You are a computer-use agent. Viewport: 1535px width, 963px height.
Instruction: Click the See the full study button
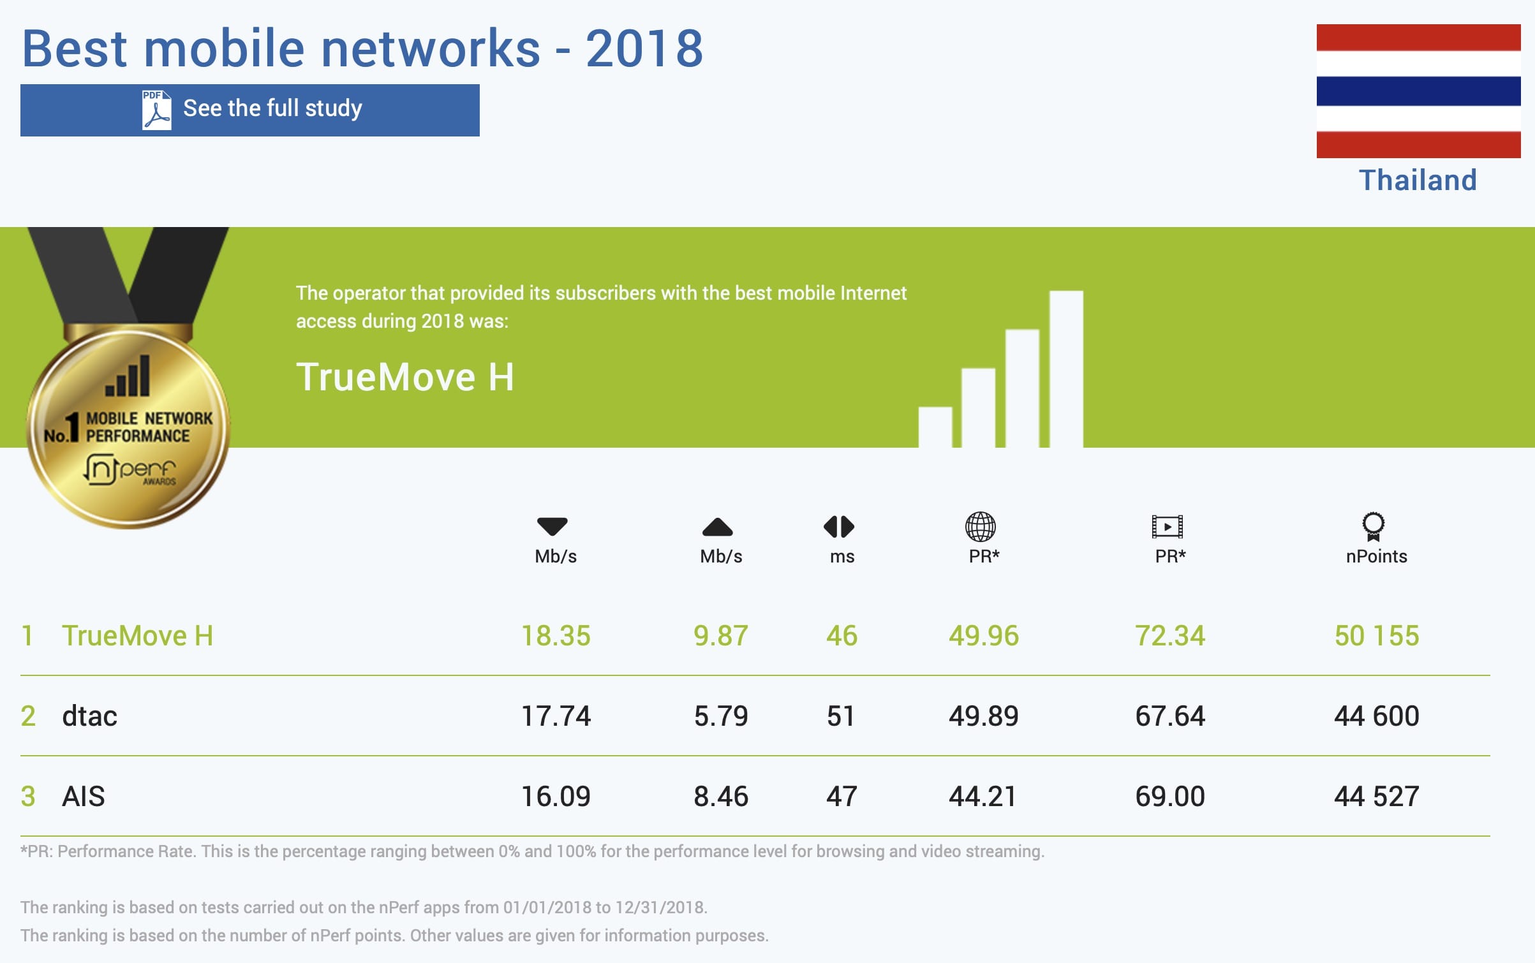pyautogui.click(x=250, y=110)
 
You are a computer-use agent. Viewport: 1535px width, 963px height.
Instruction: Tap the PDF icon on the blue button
pyautogui.click(x=156, y=110)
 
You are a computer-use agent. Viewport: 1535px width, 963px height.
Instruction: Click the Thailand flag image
pyautogui.click(x=1418, y=91)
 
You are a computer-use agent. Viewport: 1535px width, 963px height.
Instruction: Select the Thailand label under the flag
pyautogui.click(x=1418, y=180)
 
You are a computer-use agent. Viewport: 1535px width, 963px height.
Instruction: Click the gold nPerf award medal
pyautogui.click(x=128, y=427)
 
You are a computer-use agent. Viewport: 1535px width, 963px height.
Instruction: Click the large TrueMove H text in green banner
pyautogui.click(x=405, y=376)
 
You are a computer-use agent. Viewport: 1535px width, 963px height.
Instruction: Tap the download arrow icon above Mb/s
pyautogui.click(x=552, y=527)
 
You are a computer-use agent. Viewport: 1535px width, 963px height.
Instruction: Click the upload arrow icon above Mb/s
pyautogui.click(x=717, y=527)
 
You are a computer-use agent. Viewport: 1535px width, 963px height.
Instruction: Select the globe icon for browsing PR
pyautogui.click(x=980, y=527)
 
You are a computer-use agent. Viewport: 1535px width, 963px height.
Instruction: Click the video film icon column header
pyautogui.click(x=1167, y=527)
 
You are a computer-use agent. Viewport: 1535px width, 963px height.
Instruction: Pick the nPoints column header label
pyautogui.click(x=1376, y=556)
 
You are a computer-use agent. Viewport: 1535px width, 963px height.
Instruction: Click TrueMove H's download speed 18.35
pyautogui.click(x=556, y=636)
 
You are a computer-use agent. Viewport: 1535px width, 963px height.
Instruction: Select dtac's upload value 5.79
pyautogui.click(x=720, y=716)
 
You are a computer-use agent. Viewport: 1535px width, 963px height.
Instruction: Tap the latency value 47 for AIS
pyautogui.click(x=842, y=797)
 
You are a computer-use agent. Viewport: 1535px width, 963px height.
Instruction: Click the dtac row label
pyautogui.click(x=90, y=716)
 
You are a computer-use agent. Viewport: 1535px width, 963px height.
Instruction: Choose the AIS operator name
pyautogui.click(x=84, y=797)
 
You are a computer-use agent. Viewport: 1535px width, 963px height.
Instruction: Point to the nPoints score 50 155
pyautogui.click(x=1376, y=636)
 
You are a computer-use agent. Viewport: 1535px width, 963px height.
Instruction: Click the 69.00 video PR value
pyautogui.click(x=1169, y=797)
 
